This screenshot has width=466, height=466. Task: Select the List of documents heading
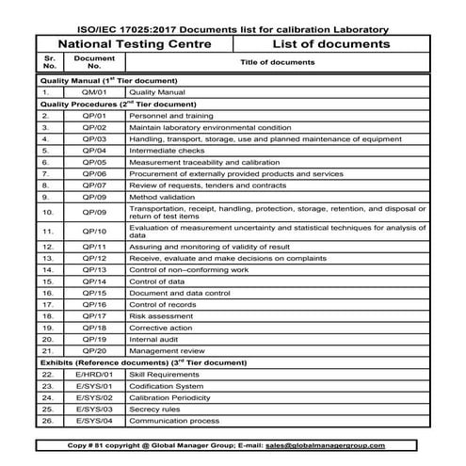(x=331, y=44)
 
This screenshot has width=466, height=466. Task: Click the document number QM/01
(x=94, y=94)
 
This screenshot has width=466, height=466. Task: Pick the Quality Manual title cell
(x=156, y=94)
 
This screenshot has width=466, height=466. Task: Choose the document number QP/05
(x=94, y=162)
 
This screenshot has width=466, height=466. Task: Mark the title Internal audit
(x=154, y=339)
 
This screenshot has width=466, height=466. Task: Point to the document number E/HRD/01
(x=94, y=374)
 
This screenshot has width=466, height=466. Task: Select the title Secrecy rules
(x=155, y=410)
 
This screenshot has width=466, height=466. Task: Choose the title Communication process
(x=174, y=421)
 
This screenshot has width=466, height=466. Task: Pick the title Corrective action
(x=161, y=328)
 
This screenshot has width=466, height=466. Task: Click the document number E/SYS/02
(x=94, y=397)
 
